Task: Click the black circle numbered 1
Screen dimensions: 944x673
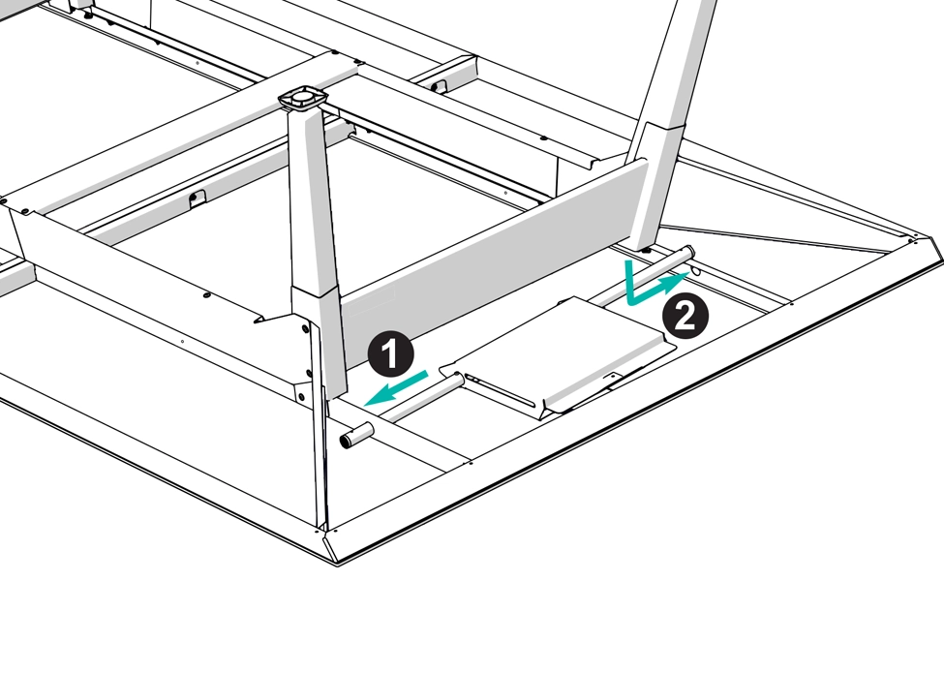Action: [x=391, y=354]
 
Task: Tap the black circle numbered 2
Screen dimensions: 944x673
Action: [x=685, y=316]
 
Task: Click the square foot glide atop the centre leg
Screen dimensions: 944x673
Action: [x=303, y=97]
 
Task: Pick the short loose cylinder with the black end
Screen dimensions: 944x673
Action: [x=357, y=435]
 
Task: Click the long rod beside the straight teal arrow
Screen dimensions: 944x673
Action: [x=421, y=397]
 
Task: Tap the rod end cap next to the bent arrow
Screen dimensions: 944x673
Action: [x=687, y=251]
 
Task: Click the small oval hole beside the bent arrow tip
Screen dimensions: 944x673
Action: [x=696, y=271]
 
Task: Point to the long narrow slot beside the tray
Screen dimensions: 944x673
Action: [x=500, y=390]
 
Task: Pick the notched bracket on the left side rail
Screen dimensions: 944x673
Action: [x=197, y=199]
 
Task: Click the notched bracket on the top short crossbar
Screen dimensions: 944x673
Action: [x=440, y=85]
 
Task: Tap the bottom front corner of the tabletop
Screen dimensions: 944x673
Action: [x=337, y=564]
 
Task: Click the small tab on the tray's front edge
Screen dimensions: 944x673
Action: [x=613, y=378]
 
